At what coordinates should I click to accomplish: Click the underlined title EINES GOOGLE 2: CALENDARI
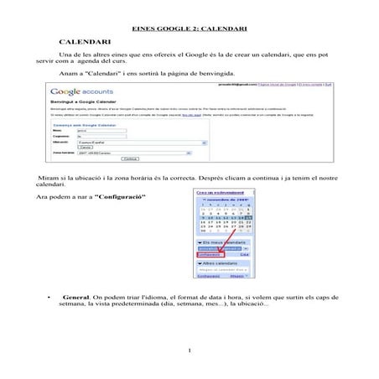[x=189, y=29]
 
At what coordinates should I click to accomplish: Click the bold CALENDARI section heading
[x=86, y=41]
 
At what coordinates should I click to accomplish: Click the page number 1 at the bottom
[x=190, y=350]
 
